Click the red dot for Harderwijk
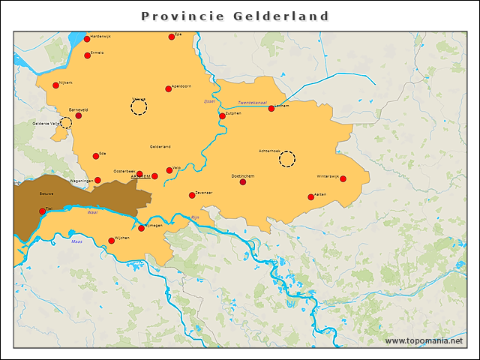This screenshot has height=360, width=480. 87,39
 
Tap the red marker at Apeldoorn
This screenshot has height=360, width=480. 168,89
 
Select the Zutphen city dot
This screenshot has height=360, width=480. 222,116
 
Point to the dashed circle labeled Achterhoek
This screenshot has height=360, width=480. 287,158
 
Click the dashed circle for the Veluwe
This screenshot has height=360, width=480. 139,106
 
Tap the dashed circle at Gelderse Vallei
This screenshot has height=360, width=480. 66,123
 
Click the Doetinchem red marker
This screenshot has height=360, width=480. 243,181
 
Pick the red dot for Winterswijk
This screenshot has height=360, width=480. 343,179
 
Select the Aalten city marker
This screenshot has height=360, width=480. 310,197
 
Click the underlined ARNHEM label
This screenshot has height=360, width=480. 140,177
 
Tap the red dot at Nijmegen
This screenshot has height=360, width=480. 141,228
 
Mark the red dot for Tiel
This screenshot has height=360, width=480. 42,211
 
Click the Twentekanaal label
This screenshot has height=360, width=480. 252,102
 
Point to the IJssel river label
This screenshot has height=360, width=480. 209,101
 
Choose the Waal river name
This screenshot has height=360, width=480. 93,212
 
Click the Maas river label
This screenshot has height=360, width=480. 76,241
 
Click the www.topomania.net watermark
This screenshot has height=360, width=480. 424,340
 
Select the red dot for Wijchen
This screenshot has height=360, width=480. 111,241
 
